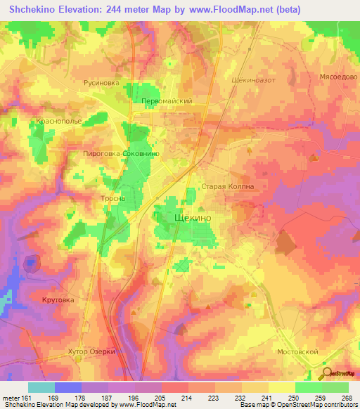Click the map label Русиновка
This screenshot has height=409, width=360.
102,82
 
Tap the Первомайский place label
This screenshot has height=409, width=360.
167,101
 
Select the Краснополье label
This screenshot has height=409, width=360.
56,121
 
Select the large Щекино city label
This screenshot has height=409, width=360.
191,219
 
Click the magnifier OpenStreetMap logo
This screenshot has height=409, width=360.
326,372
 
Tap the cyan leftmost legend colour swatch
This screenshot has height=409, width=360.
41,387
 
